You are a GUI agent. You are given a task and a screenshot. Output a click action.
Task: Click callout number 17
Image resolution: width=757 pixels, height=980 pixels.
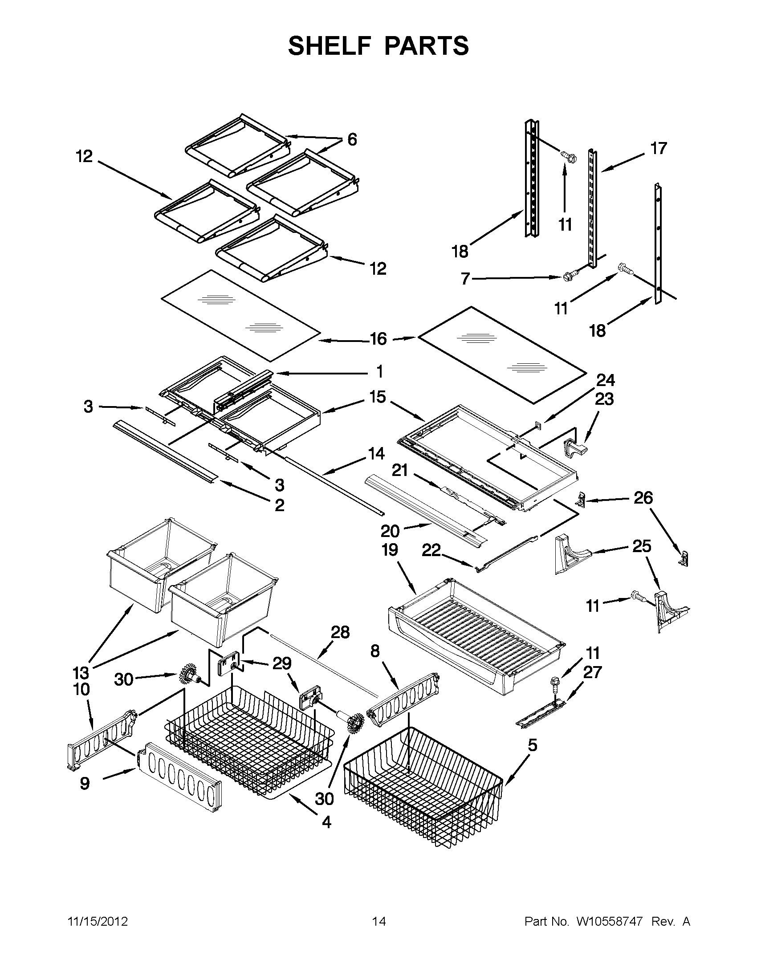click(658, 148)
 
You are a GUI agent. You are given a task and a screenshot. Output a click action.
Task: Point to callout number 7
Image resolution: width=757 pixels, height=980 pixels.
click(465, 279)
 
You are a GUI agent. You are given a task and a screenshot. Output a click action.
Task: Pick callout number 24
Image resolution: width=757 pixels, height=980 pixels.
click(605, 380)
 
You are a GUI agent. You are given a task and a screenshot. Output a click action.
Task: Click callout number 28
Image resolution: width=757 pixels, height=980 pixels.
click(340, 632)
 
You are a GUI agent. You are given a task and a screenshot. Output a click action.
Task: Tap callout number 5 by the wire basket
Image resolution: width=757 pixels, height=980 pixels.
click(532, 745)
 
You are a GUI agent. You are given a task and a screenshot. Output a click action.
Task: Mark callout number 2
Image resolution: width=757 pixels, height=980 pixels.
click(279, 505)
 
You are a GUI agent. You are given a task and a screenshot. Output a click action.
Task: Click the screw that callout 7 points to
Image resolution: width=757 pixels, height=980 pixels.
click(567, 278)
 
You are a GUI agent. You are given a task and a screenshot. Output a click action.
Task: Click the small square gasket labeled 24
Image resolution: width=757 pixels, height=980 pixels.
click(537, 423)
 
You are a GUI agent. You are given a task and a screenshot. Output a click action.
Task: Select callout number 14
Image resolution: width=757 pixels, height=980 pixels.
click(376, 454)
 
